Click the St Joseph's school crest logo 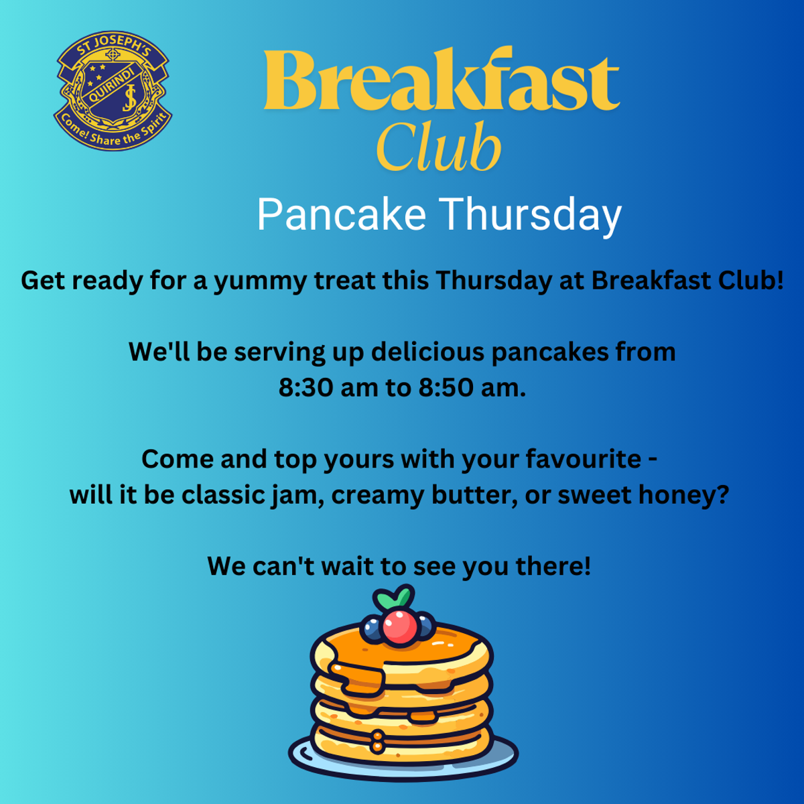click(113, 90)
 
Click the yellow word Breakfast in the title click(442, 79)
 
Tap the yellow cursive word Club click(438, 146)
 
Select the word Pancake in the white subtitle click(341, 214)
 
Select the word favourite click(584, 459)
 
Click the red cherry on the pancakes click(400, 627)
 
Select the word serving click(279, 353)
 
